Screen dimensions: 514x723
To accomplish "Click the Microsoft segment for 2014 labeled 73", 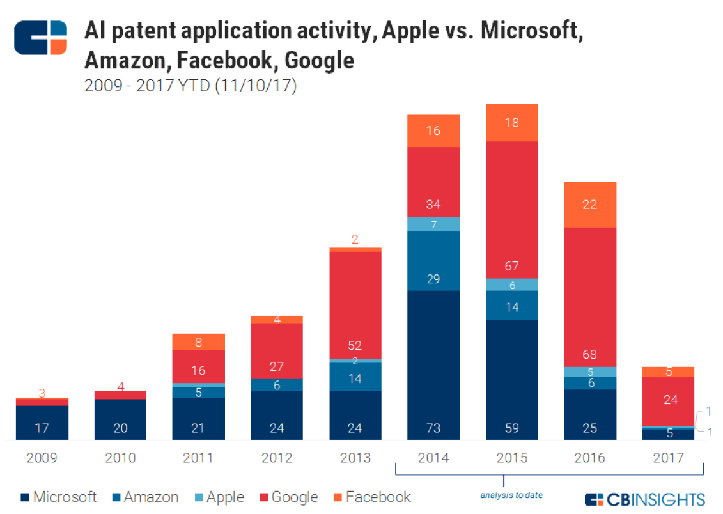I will pyautogui.click(x=433, y=364).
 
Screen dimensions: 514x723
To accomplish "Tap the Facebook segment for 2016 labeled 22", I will pyautogui.click(x=590, y=205).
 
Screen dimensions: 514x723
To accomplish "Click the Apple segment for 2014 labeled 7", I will pyautogui.click(x=433, y=224).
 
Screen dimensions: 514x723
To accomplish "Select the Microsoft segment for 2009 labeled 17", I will pyautogui.click(x=42, y=423).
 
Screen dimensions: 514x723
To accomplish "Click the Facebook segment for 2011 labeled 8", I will pyautogui.click(x=198, y=342).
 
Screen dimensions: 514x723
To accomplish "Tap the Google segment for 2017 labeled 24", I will pyautogui.click(x=668, y=401).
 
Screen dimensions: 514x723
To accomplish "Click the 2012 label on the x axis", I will pyautogui.click(x=277, y=458).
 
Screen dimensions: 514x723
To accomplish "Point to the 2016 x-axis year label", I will pyautogui.click(x=590, y=458).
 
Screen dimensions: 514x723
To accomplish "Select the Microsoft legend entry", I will pyautogui.click(x=59, y=497).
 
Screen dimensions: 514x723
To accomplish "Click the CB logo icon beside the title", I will pyautogui.click(x=41, y=38).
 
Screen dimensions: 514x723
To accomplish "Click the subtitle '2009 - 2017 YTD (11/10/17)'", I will pyautogui.click(x=190, y=86).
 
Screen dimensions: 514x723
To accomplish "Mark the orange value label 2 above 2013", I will pyautogui.click(x=355, y=240).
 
